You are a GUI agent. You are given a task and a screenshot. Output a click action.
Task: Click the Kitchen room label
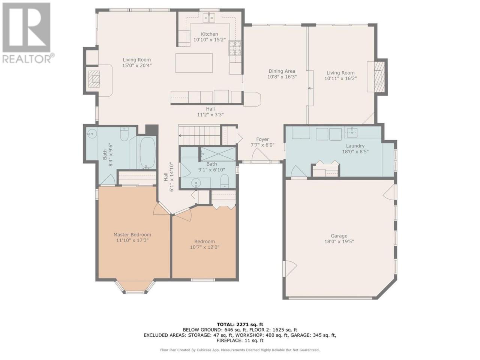point(209,34)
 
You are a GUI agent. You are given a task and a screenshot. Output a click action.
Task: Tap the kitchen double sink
point(209,18)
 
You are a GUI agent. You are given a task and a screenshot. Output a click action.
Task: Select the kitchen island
point(194,63)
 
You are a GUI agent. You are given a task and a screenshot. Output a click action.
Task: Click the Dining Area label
point(282,71)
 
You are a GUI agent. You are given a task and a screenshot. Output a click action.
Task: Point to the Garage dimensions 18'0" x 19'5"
point(339,241)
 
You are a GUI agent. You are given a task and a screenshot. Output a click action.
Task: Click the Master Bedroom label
point(132,234)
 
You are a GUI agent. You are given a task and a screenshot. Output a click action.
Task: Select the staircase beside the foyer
point(199,135)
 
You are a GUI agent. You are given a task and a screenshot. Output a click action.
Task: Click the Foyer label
point(262,139)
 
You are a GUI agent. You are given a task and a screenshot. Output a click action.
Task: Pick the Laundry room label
point(355,146)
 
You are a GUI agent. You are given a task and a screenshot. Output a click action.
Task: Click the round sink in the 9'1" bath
point(196,183)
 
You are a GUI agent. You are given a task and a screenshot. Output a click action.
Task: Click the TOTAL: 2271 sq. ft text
point(240,330)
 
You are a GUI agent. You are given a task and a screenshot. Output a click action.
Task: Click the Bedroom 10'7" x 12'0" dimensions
point(204,247)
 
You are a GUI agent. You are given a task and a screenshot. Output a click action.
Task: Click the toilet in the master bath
point(124,134)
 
